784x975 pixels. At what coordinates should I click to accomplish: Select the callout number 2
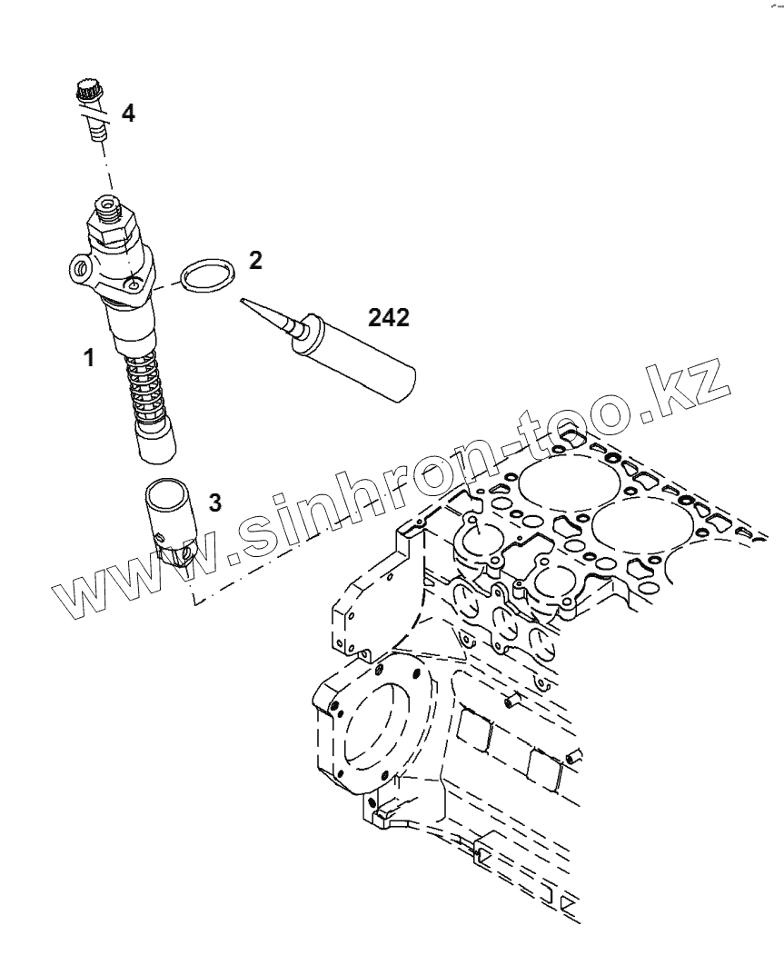pyautogui.click(x=255, y=261)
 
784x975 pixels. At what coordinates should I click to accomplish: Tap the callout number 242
pyautogui.click(x=389, y=317)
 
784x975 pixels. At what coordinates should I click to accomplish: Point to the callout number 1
pyautogui.click(x=89, y=358)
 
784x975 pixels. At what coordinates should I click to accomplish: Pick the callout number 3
pyautogui.click(x=214, y=502)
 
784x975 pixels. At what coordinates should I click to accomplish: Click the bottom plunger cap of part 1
pyautogui.click(x=155, y=441)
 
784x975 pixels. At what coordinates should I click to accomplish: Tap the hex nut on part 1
pyautogui.click(x=114, y=230)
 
